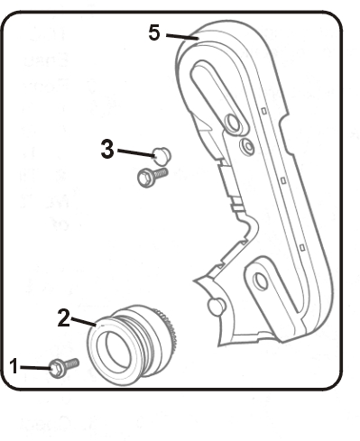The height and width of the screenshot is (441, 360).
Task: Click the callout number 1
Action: (x=14, y=366)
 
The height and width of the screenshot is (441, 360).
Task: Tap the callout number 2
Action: (x=64, y=317)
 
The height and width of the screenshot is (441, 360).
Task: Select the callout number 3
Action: (x=107, y=149)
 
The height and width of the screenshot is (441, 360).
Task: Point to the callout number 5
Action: (x=154, y=32)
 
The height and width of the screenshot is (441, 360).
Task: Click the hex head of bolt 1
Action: (x=56, y=369)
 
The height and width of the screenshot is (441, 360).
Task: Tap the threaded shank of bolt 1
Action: (x=71, y=363)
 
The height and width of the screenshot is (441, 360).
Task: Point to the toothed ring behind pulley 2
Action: (x=168, y=328)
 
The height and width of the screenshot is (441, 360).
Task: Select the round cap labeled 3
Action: (x=162, y=156)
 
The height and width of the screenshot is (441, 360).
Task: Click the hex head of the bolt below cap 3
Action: (x=145, y=179)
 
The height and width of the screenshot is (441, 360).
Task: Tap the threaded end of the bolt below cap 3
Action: (x=161, y=173)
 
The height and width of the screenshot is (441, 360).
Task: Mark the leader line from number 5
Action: (x=182, y=37)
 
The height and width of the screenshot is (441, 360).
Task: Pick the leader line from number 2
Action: (x=83, y=321)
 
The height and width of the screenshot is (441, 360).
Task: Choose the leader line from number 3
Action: (x=136, y=152)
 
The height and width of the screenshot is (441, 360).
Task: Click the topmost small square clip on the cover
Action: (x=264, y=111)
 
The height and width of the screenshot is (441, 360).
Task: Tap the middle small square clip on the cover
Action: (x=283, y=180)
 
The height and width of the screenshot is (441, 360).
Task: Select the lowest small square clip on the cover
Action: (x=302, y=247)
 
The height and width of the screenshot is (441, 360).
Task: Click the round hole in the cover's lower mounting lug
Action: (x=261, y=281)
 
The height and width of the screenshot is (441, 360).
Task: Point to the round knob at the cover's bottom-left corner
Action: (x=216, y=307)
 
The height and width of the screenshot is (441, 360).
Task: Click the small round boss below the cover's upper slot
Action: (x=247, y=146)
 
